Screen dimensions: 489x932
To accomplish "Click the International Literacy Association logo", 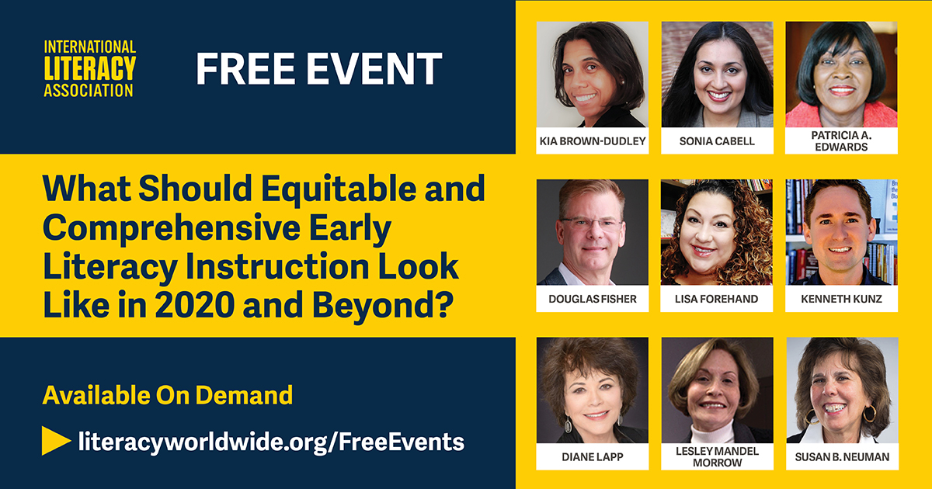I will tap(89, 68).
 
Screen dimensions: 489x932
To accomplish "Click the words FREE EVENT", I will tap(319, 69).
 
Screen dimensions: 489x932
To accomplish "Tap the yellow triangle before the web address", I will tap(56, 441).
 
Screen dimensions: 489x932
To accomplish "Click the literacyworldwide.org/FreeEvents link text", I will tap(271, 441).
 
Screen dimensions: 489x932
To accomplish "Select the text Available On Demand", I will tap(168, 395).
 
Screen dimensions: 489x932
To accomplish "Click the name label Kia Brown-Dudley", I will tap(592, 141).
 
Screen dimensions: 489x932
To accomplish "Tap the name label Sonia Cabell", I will tap(717, 141).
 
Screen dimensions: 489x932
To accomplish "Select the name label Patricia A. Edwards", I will tap(841, 141).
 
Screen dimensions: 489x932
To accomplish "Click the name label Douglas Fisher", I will tap(592, 299).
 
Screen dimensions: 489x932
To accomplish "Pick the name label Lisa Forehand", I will tap(717, 299).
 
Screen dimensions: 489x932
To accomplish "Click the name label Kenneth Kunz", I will tap(841, 299).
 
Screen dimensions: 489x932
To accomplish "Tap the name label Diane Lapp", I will tap(592, 456).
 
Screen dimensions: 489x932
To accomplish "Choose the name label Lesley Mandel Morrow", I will tap(717, 456).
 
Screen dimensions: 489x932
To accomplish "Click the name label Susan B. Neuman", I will tap(841, 456).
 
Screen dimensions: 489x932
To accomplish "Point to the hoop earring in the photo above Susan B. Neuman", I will tap(869, 413).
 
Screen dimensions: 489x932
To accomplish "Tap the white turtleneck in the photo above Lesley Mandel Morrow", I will tap(713, 432).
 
